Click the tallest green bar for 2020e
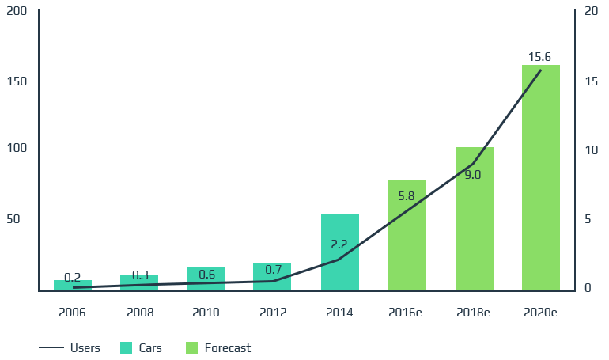[541, 178]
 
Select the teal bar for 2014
[340, 252]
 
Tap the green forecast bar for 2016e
[407, 235]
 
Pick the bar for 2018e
[474, 219]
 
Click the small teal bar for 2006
[73, 286]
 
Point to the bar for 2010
[206, 279]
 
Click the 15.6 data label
[539, 57]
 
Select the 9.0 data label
[473, 175]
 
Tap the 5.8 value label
[407, 195]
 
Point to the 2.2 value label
[339, 244]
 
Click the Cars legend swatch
[126, 347]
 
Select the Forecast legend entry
[217, 347]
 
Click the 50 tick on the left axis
[13, 219]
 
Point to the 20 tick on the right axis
[590, 12]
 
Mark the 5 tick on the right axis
[588, 219]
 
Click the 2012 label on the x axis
[273, 313]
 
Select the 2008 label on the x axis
[139, 313]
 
